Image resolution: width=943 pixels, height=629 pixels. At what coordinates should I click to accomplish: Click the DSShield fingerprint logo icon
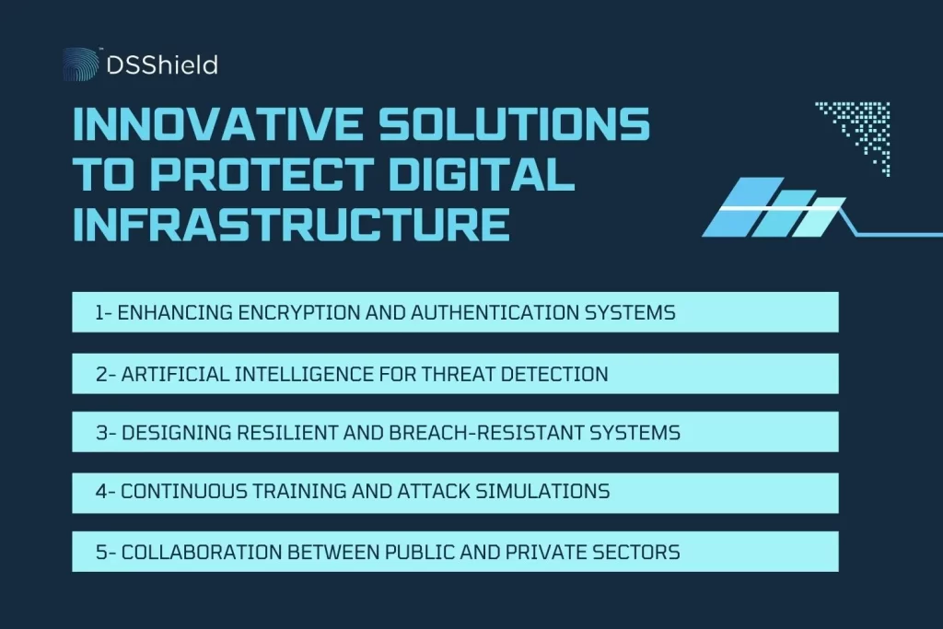coord(80,64)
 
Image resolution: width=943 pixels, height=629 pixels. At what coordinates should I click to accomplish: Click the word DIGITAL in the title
coord(483,175)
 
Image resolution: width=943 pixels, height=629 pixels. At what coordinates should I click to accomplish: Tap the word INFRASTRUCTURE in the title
coord(291,225)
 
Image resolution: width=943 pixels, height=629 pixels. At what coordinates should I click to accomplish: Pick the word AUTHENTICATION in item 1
coord(499,313)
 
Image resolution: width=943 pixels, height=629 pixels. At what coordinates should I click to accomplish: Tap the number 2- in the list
coord(104,374)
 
